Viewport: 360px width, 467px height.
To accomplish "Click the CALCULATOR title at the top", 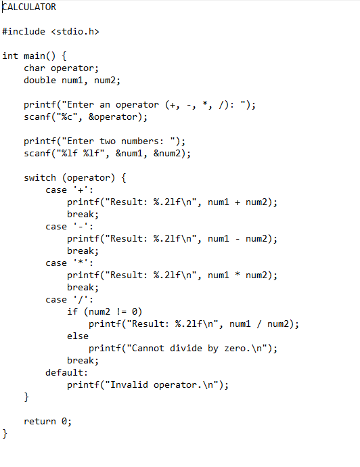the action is coord(29,7).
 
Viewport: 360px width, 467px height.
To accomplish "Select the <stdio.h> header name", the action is coord(75,31).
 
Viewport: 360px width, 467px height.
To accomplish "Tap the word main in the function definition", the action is coord(35,55).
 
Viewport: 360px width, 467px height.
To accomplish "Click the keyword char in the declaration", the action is coord(35,68).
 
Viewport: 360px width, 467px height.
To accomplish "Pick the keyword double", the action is coord(40,80).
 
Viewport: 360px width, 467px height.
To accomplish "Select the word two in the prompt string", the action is coord(107,141).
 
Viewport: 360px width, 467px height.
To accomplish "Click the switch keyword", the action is coord(40,177).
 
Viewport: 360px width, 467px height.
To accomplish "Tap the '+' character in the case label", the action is coord(81,190).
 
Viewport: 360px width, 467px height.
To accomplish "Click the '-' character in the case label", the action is coord(81,227).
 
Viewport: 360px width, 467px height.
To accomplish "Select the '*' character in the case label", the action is coord(81,263).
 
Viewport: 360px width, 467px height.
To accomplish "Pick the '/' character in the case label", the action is coord(81,299).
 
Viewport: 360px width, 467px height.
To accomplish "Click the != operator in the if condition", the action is coord(121,311).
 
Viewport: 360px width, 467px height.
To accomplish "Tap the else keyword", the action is coord(78,336).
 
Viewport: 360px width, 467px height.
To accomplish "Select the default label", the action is coord(67,372).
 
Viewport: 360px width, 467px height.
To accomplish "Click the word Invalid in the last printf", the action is coord(129,384).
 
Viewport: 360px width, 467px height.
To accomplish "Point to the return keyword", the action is coord(40,421).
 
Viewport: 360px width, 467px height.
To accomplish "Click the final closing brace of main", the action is coord(5,434).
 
